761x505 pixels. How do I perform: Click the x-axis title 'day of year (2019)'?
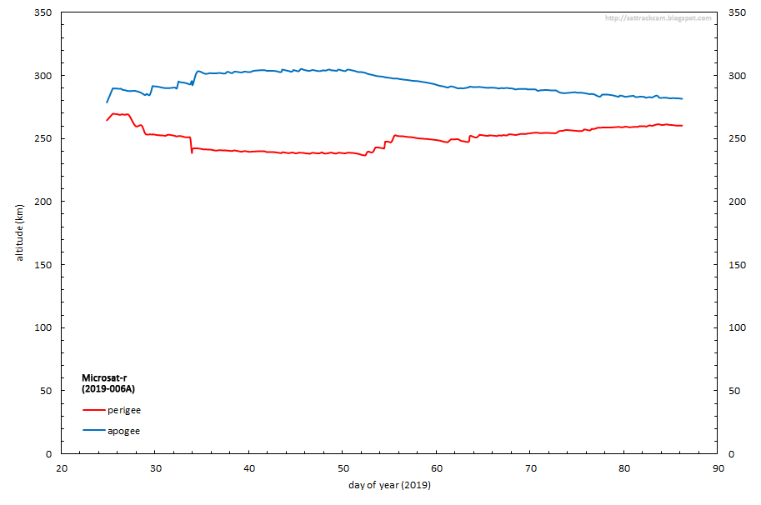click(390, 485)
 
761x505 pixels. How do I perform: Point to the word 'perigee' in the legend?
click(124, 410)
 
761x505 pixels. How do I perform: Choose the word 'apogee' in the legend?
click(123, 431)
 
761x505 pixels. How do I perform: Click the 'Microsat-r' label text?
click(105, 377)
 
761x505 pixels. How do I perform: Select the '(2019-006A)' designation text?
click(108, 389)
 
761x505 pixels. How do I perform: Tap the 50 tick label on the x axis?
click(343, 467)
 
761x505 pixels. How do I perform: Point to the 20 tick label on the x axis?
click(62, 467)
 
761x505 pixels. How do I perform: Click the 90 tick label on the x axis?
click(718, 467)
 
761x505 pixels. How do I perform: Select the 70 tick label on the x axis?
click(530, 467)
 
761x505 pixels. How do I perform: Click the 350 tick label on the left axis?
click(43, 12)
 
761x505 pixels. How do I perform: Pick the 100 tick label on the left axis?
click(43, 327)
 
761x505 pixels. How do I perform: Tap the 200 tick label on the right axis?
click(738, 202)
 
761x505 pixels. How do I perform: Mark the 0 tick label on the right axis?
click(732, 453)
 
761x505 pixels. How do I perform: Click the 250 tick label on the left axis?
click(43, 138)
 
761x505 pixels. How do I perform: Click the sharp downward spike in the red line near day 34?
click(192, 152)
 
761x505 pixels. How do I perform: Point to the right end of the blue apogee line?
click(682, 98)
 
